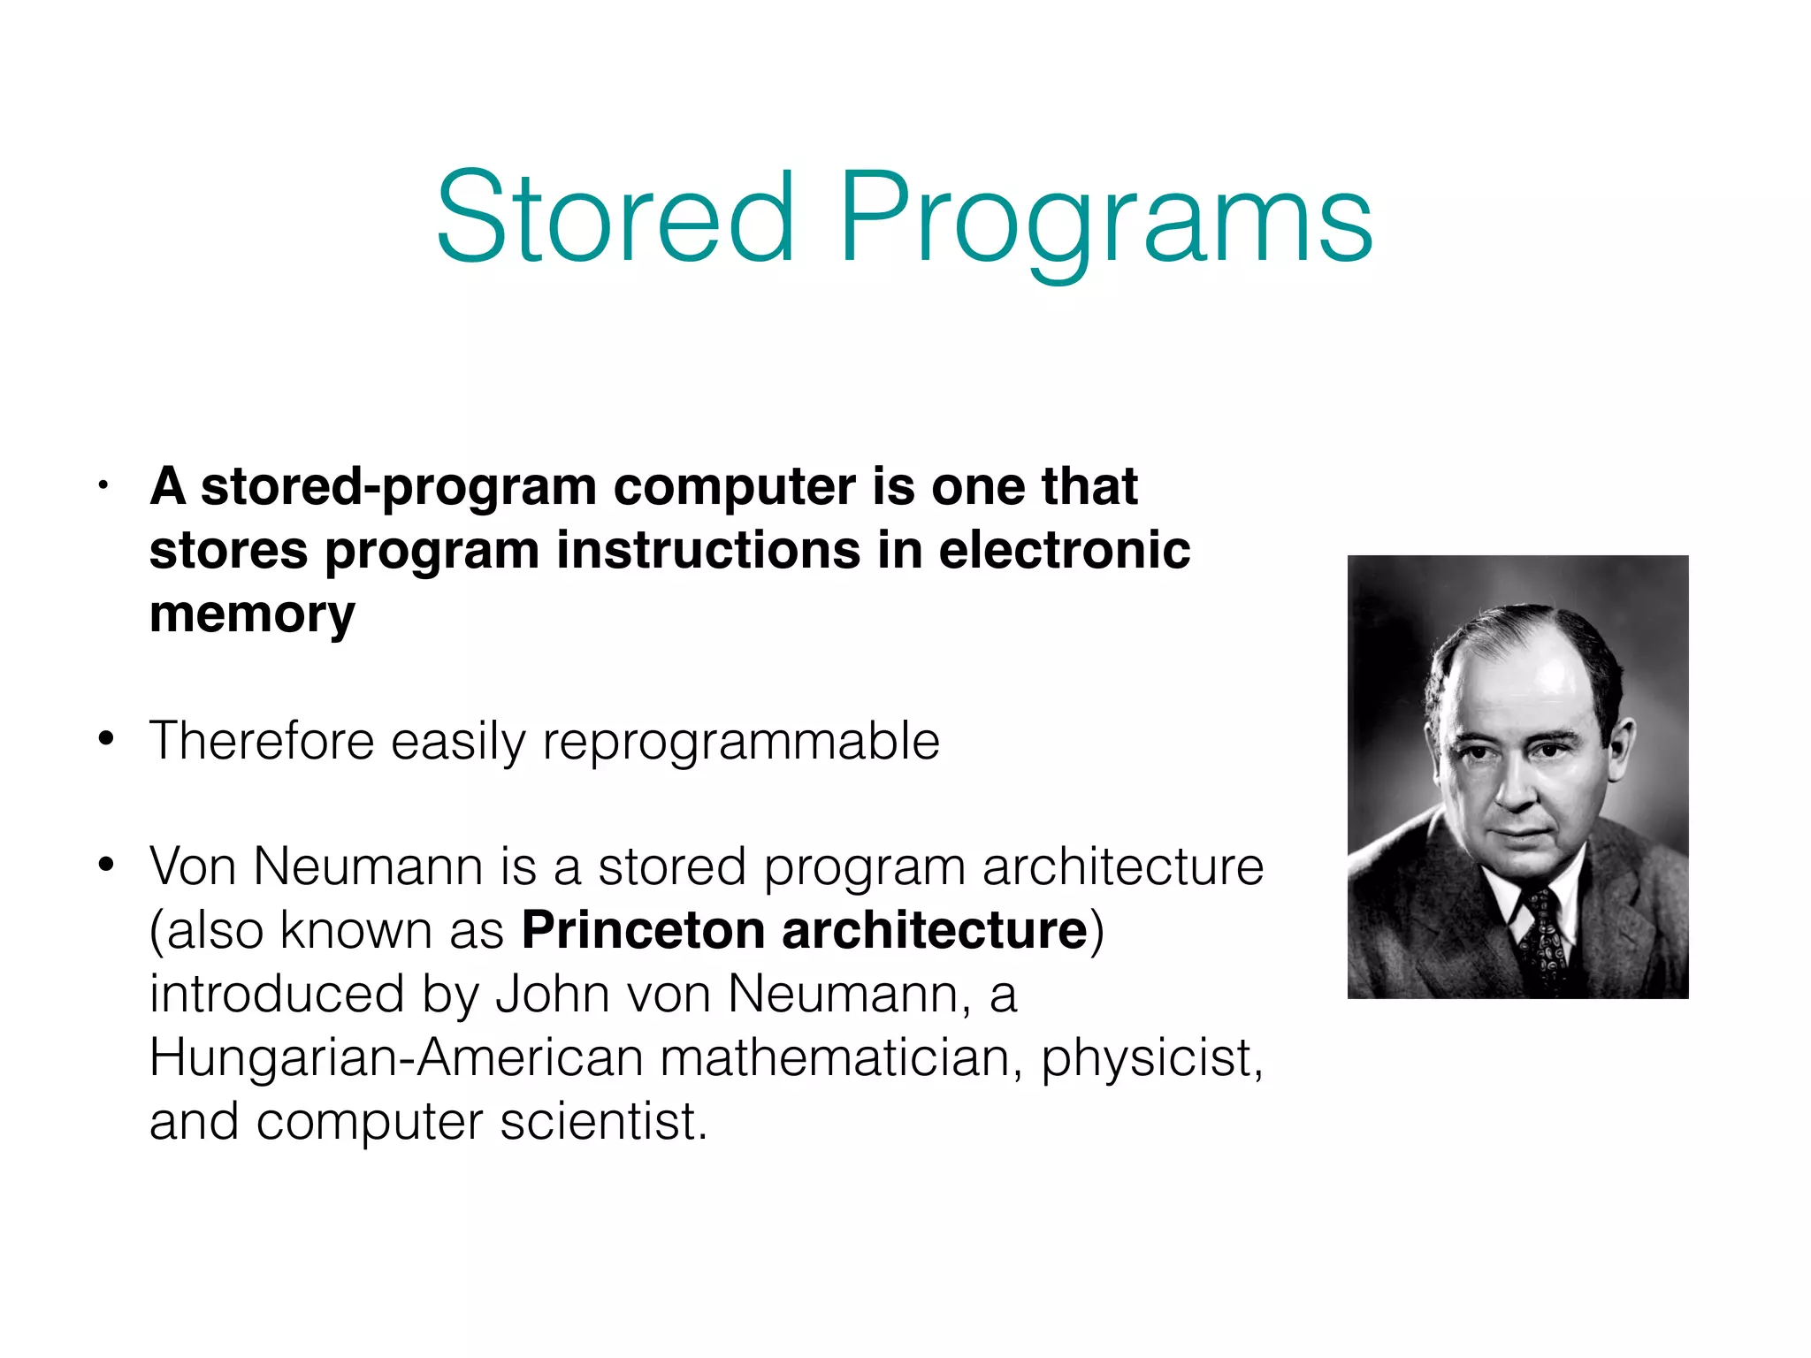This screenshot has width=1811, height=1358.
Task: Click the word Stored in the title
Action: pyautogui.click(x=615, y=217)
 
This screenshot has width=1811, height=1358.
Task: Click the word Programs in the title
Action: pyautogui.click(x=1105, y=221)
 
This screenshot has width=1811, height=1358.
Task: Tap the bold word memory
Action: pyautogui.click(x=252, y=614)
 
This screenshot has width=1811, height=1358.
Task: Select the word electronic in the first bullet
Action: pyautogui.click(x=1064, y=550)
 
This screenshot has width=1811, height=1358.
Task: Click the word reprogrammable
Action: pyautogui.click(x=741, y=741)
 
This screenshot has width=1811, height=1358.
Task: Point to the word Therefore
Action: pyautogui.click(x=262, y=741)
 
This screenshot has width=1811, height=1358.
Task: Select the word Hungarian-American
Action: pyautogui.click(x=396, y=1057)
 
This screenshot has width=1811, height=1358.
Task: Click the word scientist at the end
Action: pyautogui.click(x=603, y=1121)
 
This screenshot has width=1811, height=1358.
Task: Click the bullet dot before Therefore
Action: pyautogui.click(x=106, y=738)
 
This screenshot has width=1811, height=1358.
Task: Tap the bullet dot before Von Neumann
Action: pyautogui.click(x=106, y=865)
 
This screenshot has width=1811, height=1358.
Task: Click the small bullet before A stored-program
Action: pyautogui.click(x=103, y=486)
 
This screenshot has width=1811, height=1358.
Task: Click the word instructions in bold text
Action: pyautogui.click(x=708, y=550)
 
